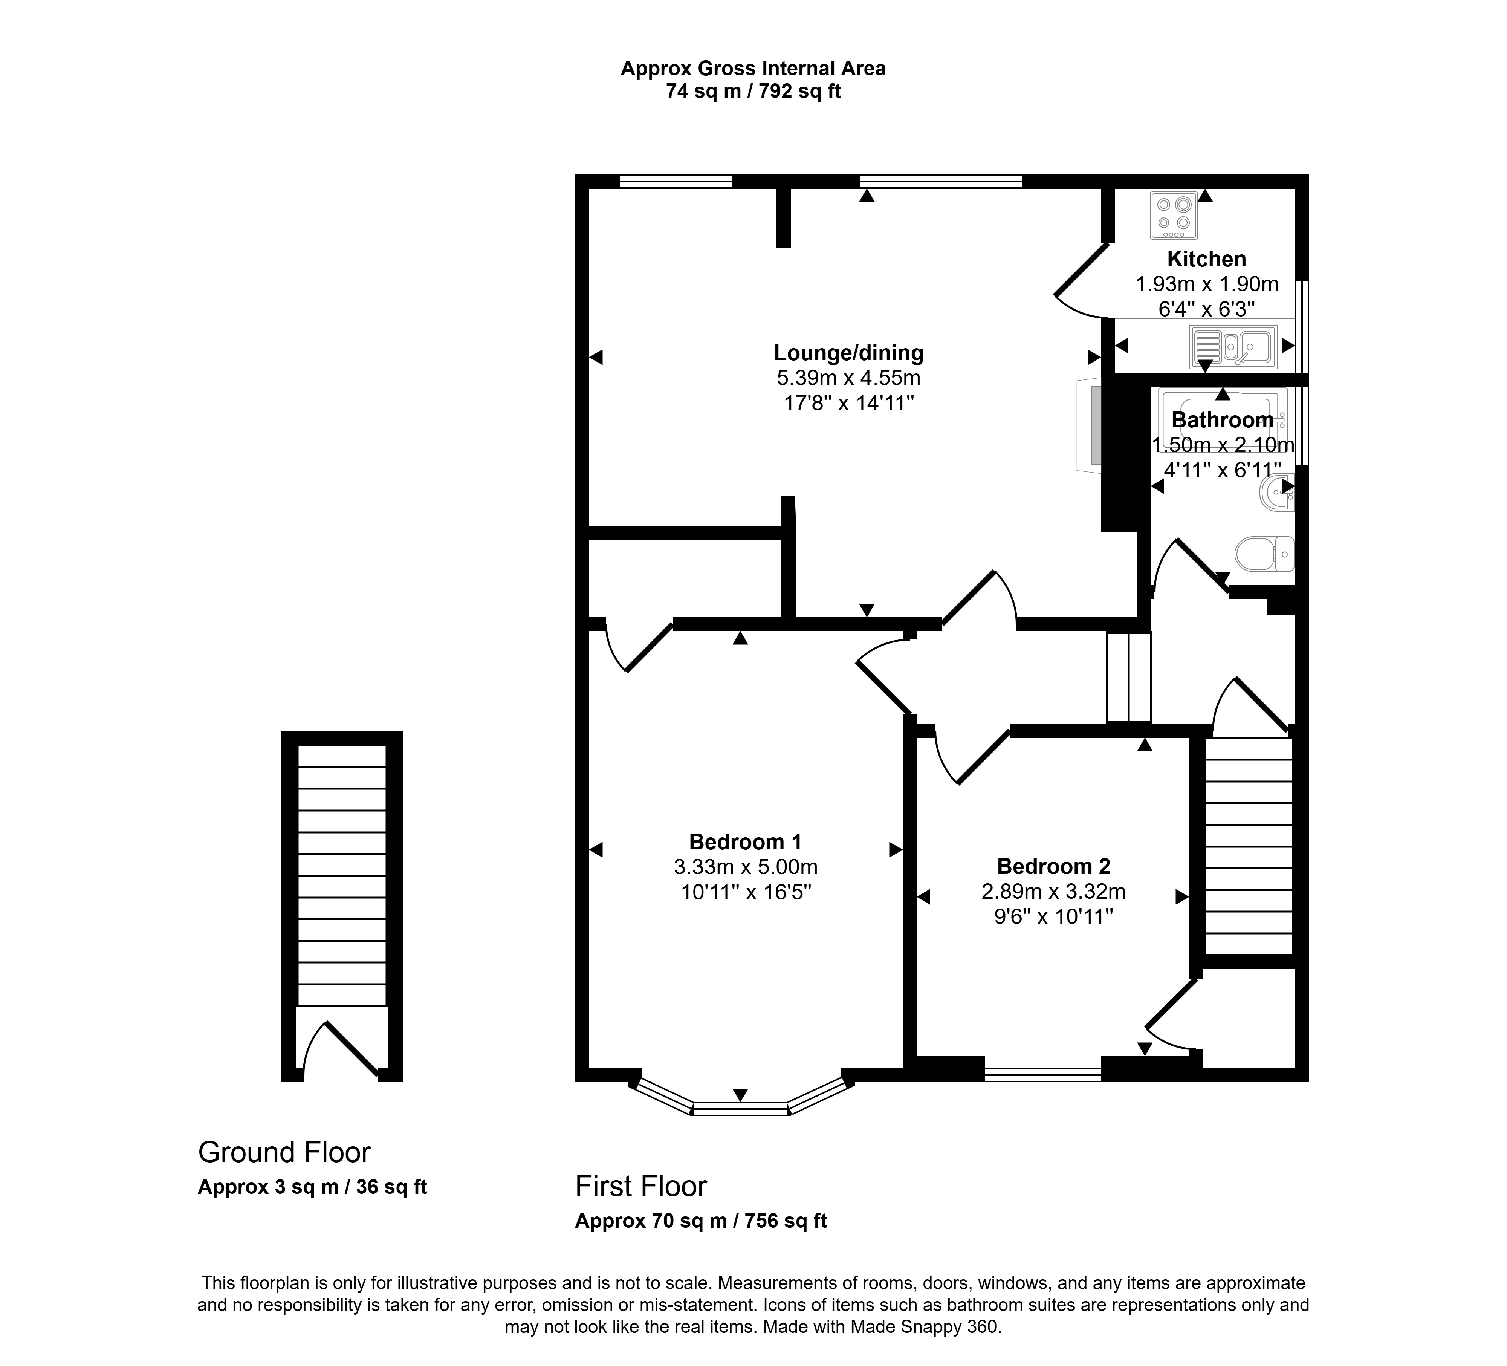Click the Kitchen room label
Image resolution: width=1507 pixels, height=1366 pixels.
[1206, 259]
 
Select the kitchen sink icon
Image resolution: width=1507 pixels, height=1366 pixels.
[1233, 347]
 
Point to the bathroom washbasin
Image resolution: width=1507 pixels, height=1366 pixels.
[1277, 494]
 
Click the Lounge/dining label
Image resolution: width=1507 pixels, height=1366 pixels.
[848, 353]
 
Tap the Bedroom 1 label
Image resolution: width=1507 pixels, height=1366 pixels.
[745, 842]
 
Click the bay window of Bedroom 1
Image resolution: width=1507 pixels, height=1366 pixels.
[740, 1108]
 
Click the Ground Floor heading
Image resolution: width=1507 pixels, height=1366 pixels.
[284, 1152]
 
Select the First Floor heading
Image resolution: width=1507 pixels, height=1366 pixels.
[640, 1186]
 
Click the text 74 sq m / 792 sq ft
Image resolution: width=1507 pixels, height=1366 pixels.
[753, 92]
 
